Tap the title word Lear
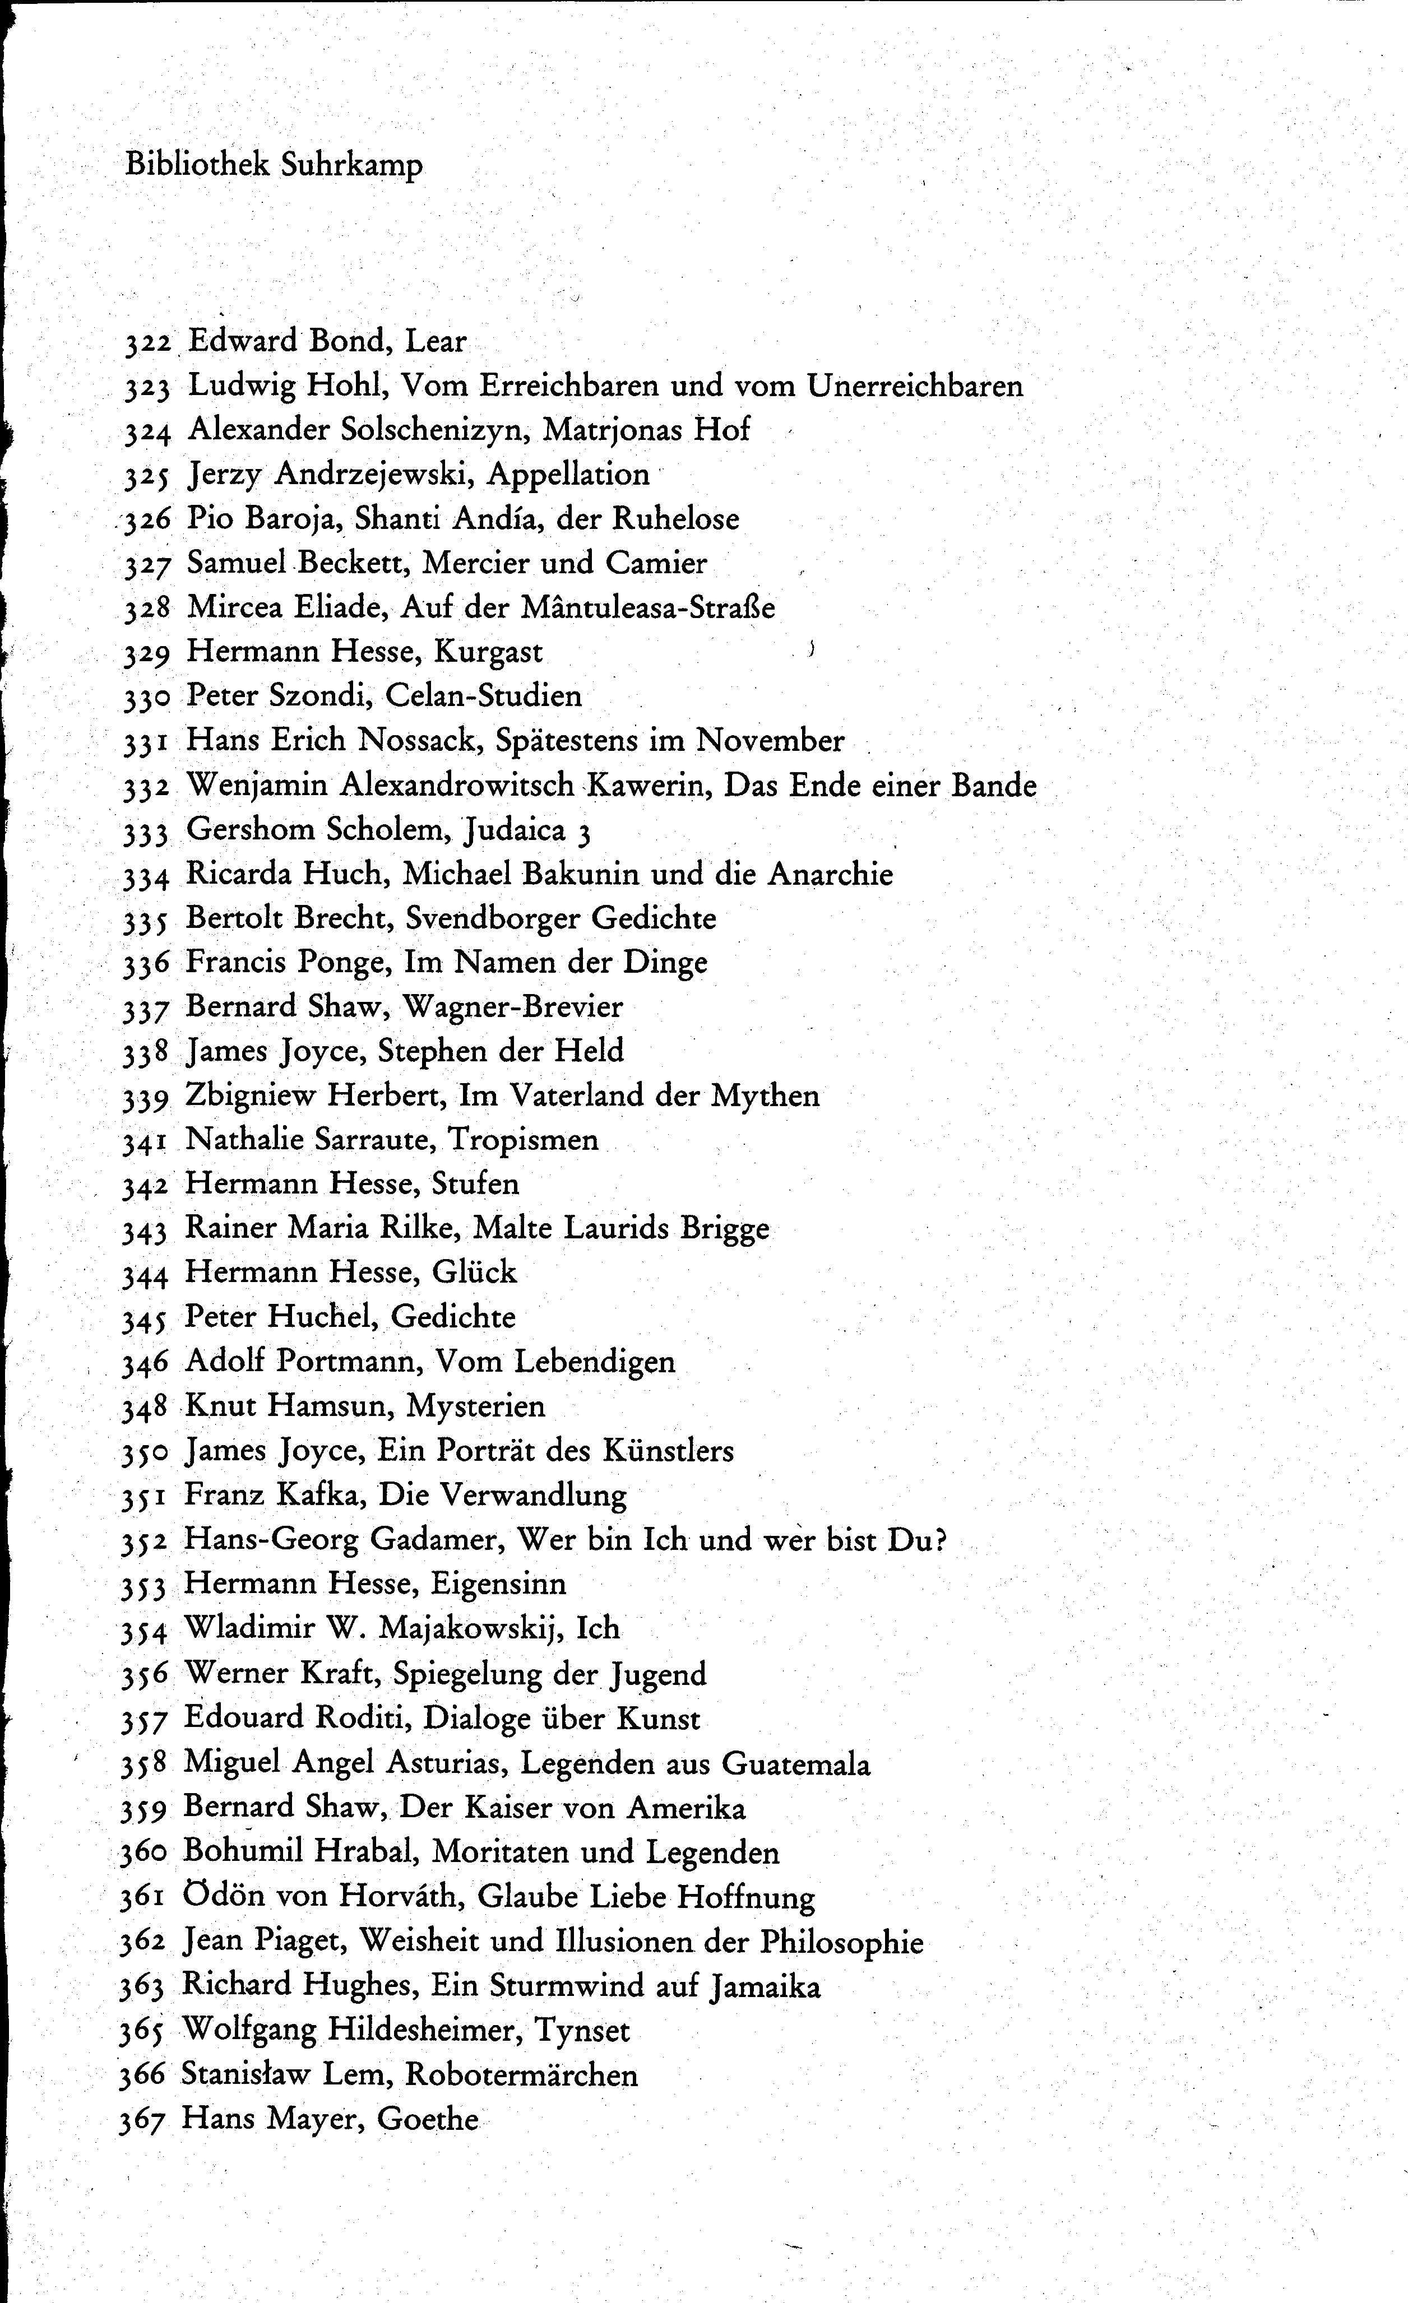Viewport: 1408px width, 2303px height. point(435,341)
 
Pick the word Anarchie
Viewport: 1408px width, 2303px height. point(830,874)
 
